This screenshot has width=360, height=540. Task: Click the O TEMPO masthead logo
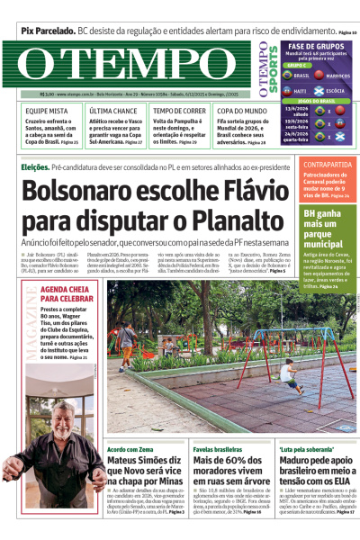pyautogui.click(x=130, y=65)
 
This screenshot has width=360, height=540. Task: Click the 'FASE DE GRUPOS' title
pyautogui.click(x=314, y=45)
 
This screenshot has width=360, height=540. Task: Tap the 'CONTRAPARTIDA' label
pyautogui.click(x=327, y=165)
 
